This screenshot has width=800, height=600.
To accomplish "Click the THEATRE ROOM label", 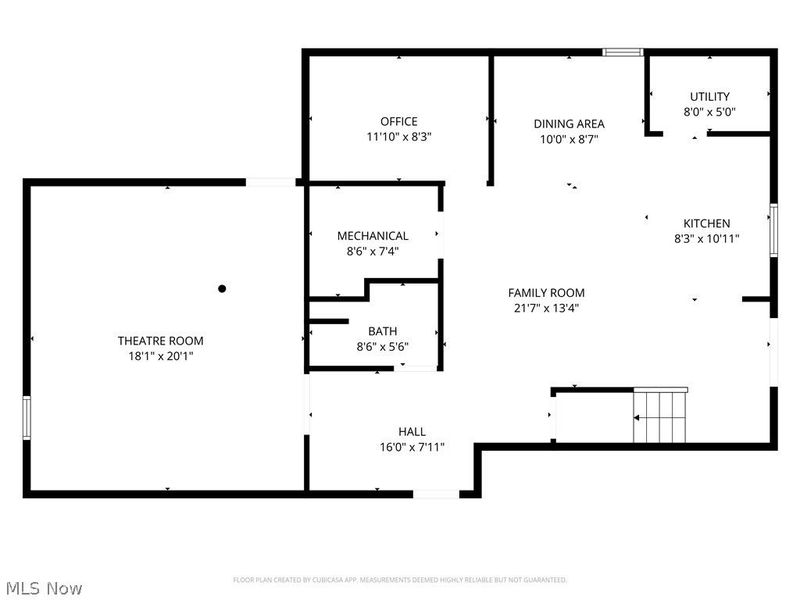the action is point(160,341).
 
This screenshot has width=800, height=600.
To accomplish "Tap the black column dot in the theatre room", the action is point(222,289).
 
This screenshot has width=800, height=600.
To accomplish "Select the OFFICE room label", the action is point(399,121).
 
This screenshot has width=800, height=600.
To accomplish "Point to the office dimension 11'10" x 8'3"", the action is point(399,137).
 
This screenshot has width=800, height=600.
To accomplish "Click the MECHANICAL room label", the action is point(372,236).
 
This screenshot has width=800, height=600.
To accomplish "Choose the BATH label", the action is point(383,331).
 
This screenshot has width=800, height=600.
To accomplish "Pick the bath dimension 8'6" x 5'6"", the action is point(383,347).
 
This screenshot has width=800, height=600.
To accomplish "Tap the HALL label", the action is point(412,432).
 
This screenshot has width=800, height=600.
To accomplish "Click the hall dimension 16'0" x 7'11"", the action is point(412,447).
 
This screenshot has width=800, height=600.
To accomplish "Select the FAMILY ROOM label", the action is point(546,293).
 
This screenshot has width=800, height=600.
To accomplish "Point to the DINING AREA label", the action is point(569,124).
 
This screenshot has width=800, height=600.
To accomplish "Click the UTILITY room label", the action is point(710,96).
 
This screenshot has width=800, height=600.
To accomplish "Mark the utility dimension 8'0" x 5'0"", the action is point(710,112).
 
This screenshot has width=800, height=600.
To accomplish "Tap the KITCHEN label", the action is point(707,223).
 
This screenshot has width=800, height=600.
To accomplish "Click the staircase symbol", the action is point(660,416).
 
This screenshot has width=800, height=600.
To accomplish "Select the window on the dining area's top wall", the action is point(623,52).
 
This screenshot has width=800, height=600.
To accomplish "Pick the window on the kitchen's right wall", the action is point(773,230).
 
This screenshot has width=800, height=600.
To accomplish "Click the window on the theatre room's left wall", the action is point(27,418).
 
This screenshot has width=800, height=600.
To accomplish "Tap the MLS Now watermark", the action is point(44,588).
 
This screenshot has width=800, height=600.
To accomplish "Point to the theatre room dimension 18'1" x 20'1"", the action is point(160,356).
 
